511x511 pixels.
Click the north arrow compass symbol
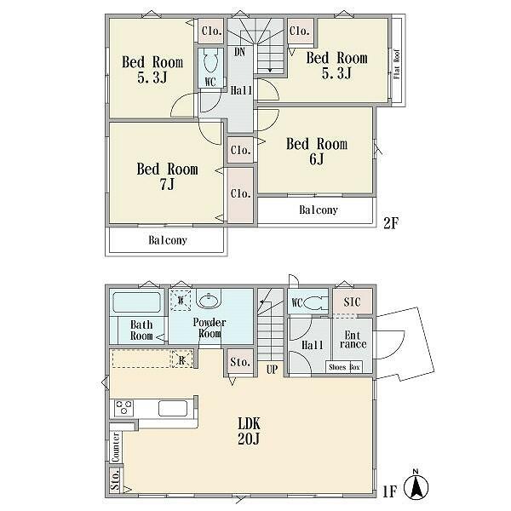coord(416,487)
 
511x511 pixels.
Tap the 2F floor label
coord(391,223)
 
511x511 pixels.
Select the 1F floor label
coord(391,491)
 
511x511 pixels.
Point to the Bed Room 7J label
coord(168,176)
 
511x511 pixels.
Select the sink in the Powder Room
coord(208,299)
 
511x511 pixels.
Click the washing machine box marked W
coord(180,300)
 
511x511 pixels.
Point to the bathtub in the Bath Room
coord(136,302)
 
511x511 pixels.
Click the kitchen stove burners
coord(123,408)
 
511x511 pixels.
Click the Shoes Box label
coord(344,368)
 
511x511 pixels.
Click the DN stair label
coord(240,52)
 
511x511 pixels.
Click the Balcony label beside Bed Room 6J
coord(317,210)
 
